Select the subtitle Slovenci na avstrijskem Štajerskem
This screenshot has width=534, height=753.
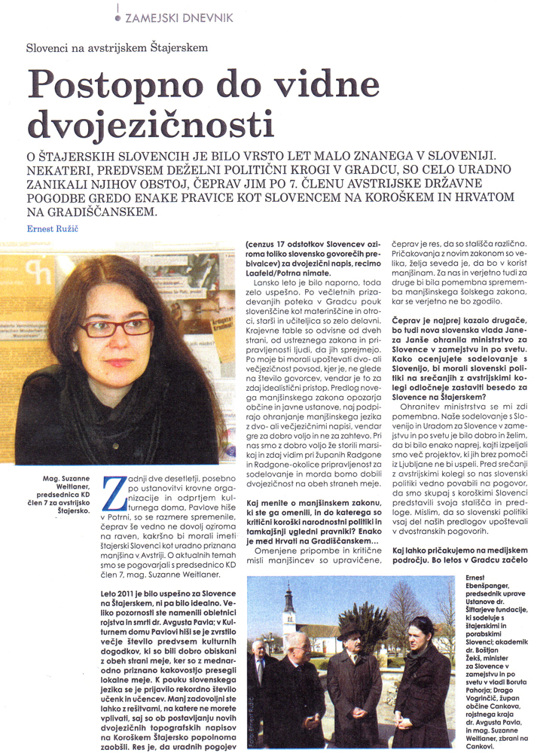click(x=117, y=47)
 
